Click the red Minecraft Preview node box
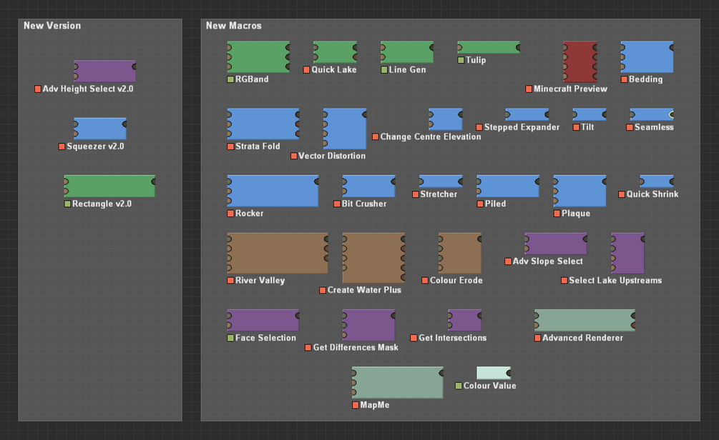click(x=580, y=62)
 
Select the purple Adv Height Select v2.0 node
click(x=105, y=71)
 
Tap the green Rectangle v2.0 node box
click(x=109, y=186)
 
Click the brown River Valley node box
click(x=278, y=253)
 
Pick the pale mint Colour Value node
click(x=494, y=373)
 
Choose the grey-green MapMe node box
click(x=398, y=383)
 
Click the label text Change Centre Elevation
click(x=431, y=137)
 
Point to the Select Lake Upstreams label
click(x=615, y=280)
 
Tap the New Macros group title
click(x=233, y=26)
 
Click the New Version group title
click(x=52, y=26)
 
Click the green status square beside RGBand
click(x=230, y=80)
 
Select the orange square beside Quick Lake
click(x=307, y=70)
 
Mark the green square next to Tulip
click(x=461, y=61)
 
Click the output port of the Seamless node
click(x=672, y=114)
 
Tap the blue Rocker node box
click(x=273, y=191)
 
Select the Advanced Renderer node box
click(x=585, y=320)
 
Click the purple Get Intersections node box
click(x=464, y=320)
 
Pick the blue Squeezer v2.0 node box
click(x=100, y=129)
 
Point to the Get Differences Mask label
click(x=356, y=348)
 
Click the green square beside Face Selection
click(x=230, y=338)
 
